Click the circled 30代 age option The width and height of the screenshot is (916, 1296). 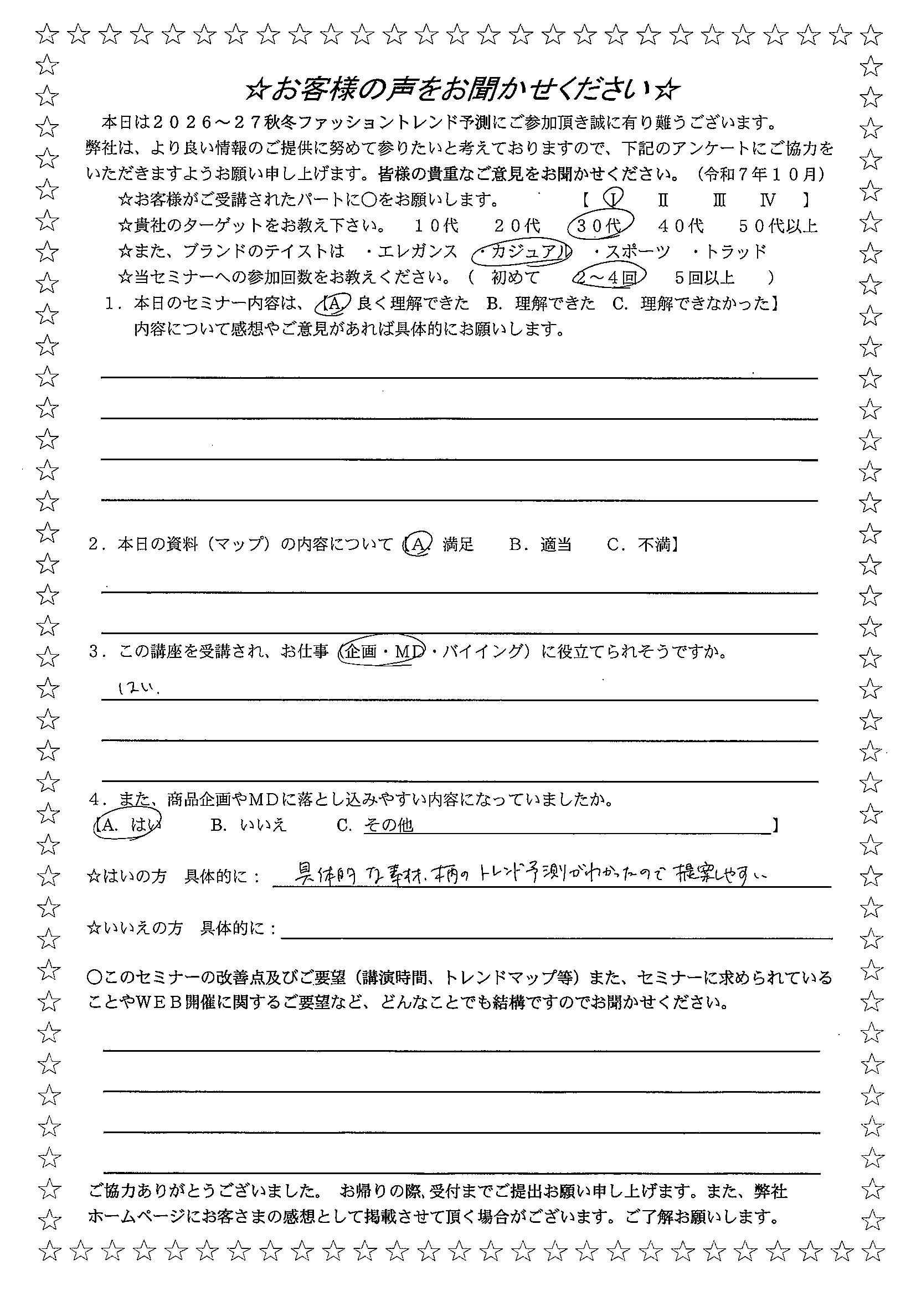click(x=600, y=227)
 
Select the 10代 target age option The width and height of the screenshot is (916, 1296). click(x=436, y=227)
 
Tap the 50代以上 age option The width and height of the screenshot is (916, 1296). click(x=778, y=227)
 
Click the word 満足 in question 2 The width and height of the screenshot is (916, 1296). click(x=459, y=544)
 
